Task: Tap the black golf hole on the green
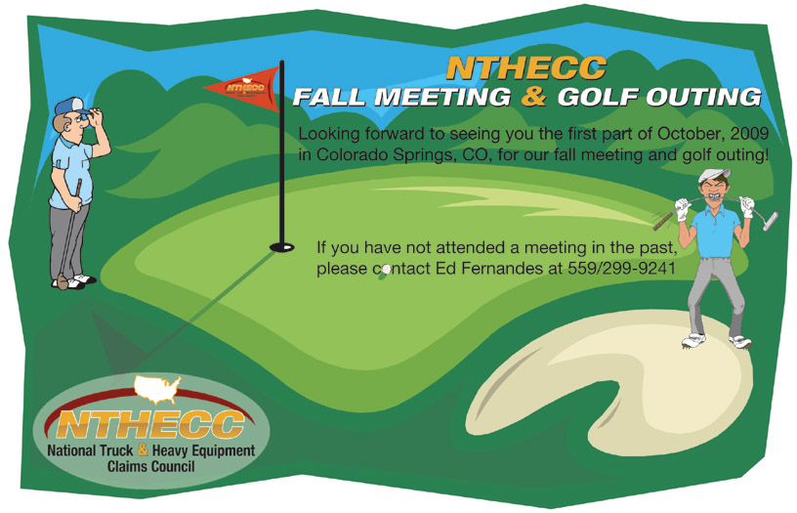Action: pyautogui.click(x=281, y=247)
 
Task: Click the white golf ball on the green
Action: pyautogui.click(x=386, y=269)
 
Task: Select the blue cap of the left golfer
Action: pyautogui.click(x=71, y=106)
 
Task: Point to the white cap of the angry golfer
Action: pyautogui.click(x=714, y=175)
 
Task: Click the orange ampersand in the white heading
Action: pyautogui.click(x=533, y=96)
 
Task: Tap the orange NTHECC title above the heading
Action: pyautogui.click(x=526, y=67)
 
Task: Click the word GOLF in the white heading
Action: pyautogui.click(x=599, y=97)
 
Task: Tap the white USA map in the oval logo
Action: pyautogui.click(x=157, y=389)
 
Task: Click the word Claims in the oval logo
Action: pyautogui.click(x=126, y=466)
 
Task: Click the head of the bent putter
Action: pyautogui.click(x=771, y=221)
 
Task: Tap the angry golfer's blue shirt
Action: pyautogui.click(x=716, y=232)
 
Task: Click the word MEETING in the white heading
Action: pyautogui.click(x=442, y=97)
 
